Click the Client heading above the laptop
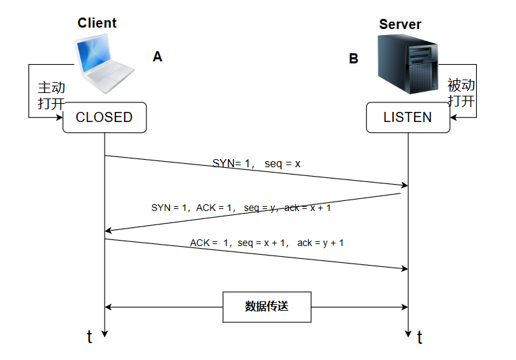point(97,23)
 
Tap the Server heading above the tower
point(400,24)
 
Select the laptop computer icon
point(105,63)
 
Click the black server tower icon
point(407,64)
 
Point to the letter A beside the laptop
point(158,57)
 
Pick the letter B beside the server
point(353,59)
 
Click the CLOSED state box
point(105,117)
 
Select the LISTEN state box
point(408,117)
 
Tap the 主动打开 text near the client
point(51,96)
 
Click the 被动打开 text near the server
point(461,93)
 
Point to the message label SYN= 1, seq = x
point(256,163)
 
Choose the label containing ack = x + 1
point(241,208)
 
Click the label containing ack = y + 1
point(267,243)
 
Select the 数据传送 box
point(267,307)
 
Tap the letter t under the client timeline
point(90,336)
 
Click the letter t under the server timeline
point(420,337)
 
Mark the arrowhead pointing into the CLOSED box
point(60,117)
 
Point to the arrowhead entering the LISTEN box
point(453,117)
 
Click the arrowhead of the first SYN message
point(405,185)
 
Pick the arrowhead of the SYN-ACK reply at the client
point(108,231)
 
